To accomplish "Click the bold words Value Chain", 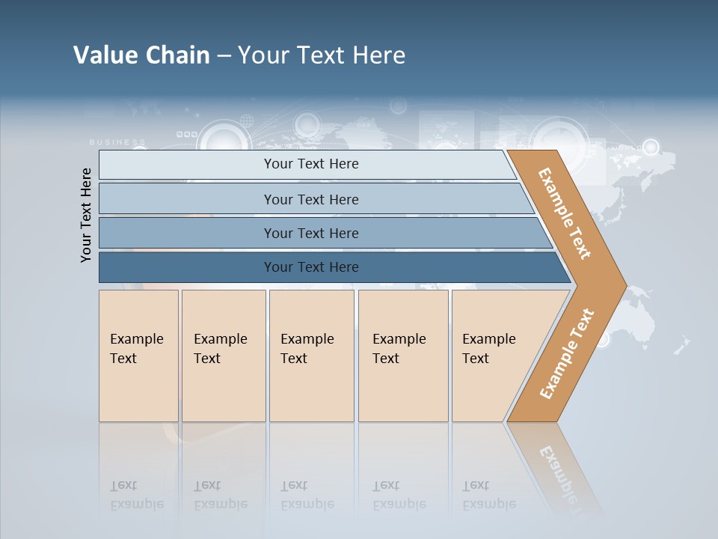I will [x=141, y=55].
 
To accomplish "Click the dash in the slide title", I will [x=224, y=56].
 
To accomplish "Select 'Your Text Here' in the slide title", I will [x=322, y=55].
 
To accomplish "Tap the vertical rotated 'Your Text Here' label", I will [x=87, y=215].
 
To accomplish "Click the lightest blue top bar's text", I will [x=311, y=164].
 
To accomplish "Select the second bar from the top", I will [x=311, y=199].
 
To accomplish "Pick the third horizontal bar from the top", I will [x=311, y=233].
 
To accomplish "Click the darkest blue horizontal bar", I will [x=311, y=267].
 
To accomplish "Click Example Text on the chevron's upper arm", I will [x=565, y=214].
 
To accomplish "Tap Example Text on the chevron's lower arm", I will [x=566, y=353].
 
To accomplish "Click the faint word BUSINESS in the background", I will [x=117, y=141].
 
